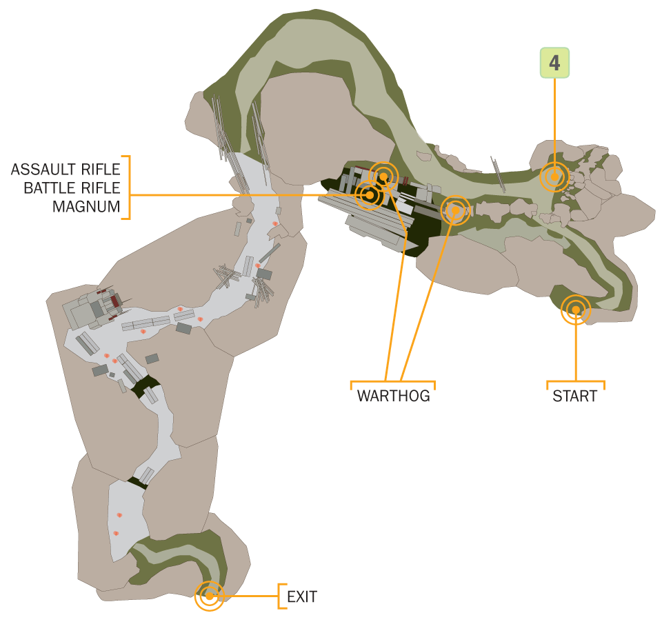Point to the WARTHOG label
click(x=393, y=396)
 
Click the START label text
click(x=574, y=396)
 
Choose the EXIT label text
click(x=302, y=596)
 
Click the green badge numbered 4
click(x=555, y=63)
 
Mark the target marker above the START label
click(x=576, y=310)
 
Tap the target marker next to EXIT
click(x=209, y=596)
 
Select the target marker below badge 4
click(x=553, y=177)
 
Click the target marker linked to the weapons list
click(x=370, y=196)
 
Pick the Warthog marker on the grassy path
click(x=454, y=210)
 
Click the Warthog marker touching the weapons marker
click(x=383, y=176)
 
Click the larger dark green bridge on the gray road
click(x=146, y=389)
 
